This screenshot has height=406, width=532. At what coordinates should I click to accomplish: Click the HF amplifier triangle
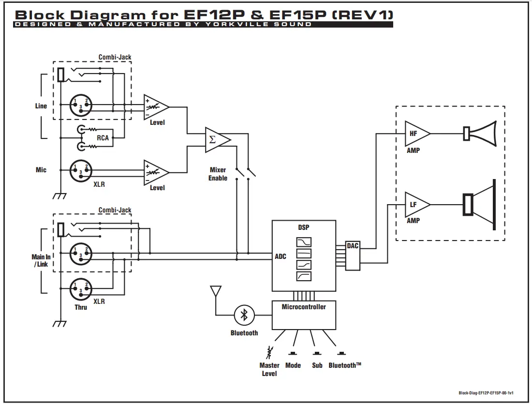[x=417, y=134]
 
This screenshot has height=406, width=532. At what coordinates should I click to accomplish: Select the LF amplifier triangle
[x=417, y=205]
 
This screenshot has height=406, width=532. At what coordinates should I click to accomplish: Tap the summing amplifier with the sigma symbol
[x=218, y=139]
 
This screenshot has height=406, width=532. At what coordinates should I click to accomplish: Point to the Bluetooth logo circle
[x=244, y=315]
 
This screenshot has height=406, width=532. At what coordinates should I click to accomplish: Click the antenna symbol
[x=216, y=292]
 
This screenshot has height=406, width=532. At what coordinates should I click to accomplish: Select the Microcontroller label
[x=304, y=307]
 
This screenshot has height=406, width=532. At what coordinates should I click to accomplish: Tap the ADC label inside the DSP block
[x=281, y=256]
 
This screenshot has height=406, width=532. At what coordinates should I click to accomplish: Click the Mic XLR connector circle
[x=81, y=171]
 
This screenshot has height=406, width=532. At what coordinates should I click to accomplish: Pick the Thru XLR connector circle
[x=81, y=289]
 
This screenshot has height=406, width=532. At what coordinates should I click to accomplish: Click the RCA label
[x=103, y=138]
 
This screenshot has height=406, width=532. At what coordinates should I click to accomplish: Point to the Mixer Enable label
[x=218, y=174]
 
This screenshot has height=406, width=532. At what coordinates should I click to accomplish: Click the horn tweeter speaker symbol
[x=480, y=134]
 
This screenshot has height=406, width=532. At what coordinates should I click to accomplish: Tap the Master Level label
[x=269, y=369]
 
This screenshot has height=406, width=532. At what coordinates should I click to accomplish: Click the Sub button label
[x=317, y=365]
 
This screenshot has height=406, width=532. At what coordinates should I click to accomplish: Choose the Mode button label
[x=293, y=365]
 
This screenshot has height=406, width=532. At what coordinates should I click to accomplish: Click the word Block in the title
[x=40, y=15]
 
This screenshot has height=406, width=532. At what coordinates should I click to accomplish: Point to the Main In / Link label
[x=41, y=260]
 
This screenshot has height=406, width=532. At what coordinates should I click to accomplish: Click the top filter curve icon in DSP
[x=304, y=242]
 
